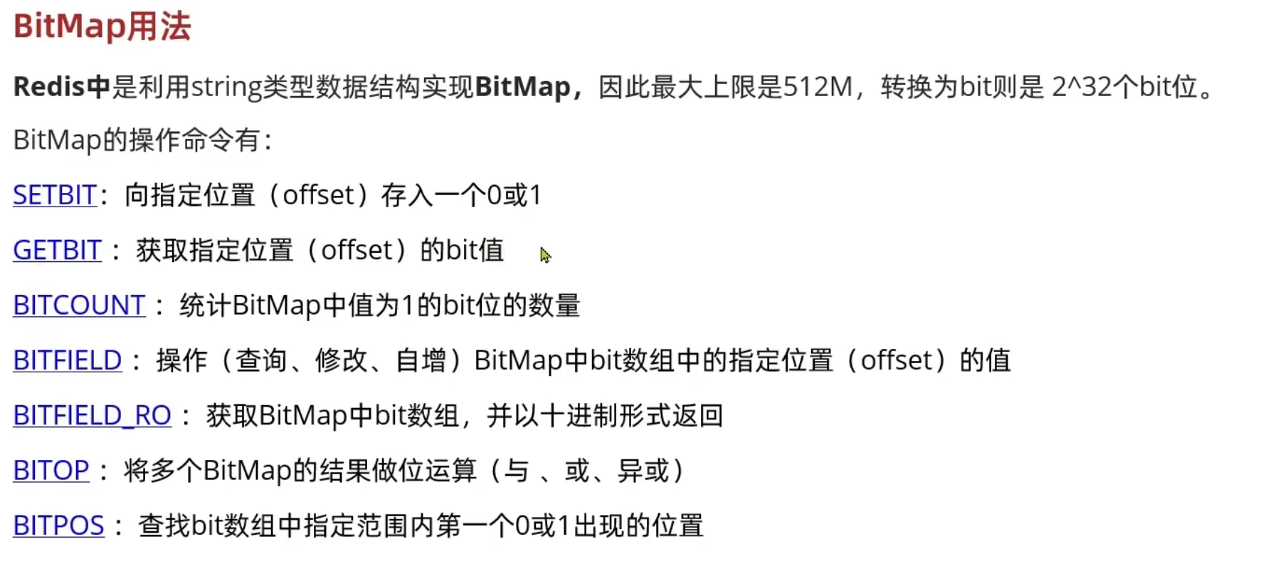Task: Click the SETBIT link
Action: pos(55,195)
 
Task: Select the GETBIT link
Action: pos(58,250)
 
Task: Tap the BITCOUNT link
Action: pos(79,305)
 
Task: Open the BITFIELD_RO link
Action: pos(92,415)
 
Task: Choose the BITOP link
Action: pos(51,470)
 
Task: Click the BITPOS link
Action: pos(58,526)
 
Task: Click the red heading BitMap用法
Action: pos(102,26)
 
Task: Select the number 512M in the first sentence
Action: pos(818,87)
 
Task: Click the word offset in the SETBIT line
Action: pos(319,195)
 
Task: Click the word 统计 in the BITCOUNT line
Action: pos(205,305)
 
